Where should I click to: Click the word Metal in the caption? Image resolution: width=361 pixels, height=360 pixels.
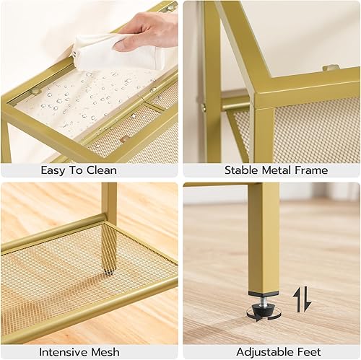[x=278, y=171]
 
